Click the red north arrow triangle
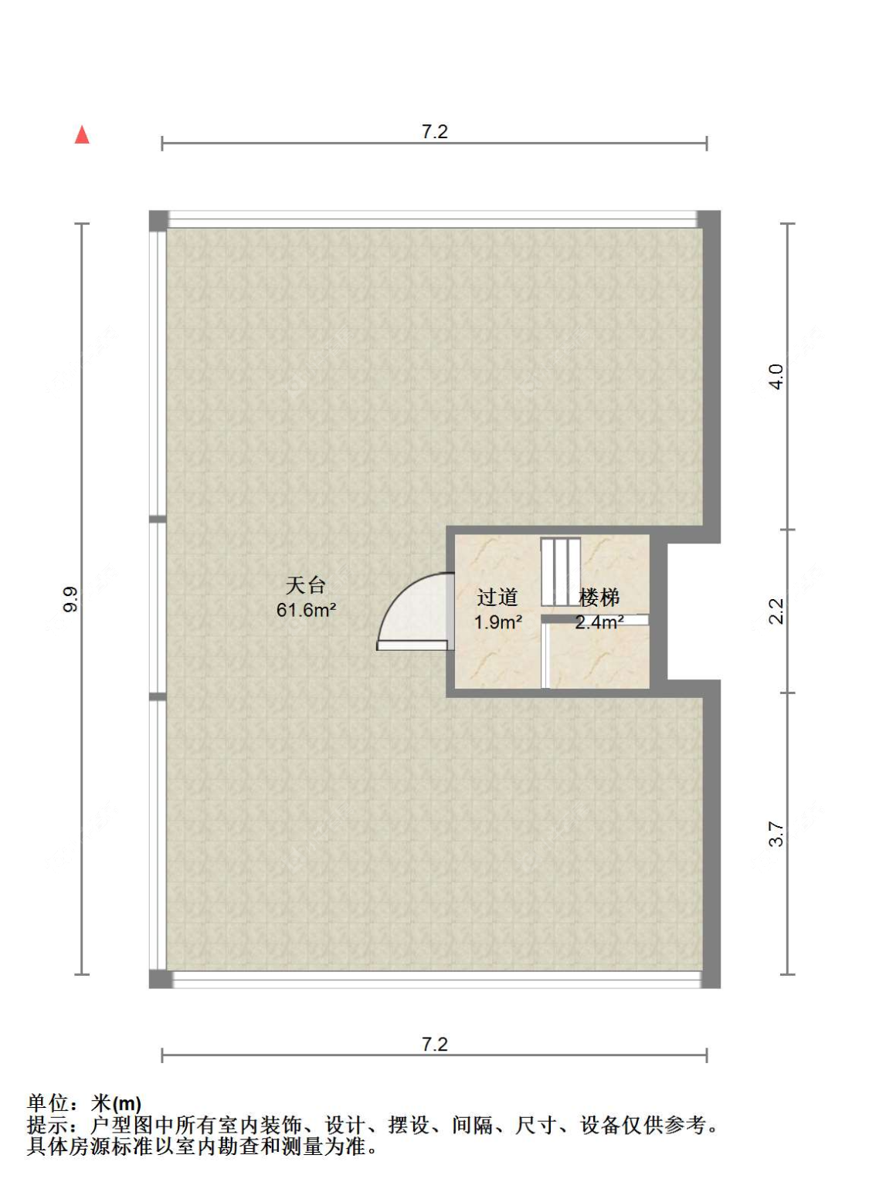click(82, 135)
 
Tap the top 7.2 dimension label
click(434, 132)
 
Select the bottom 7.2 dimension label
click(434, 1044)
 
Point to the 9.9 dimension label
click(70, 599)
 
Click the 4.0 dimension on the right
click(776, 377)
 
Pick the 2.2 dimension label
click(776, 611)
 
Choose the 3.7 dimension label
click(776, 834)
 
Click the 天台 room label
click(305, 585)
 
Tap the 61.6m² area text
click(306, 610)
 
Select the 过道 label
click(497, 598)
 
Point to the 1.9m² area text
click(498, 622)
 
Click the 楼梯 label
click(599, 598)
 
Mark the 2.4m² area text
click(599, 622)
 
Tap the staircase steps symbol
click(561, 572)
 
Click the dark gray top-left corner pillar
click(158, 221)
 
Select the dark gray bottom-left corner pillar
click(160, 979)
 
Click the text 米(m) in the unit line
click(116, 1103)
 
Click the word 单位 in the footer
click(48, 1103)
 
